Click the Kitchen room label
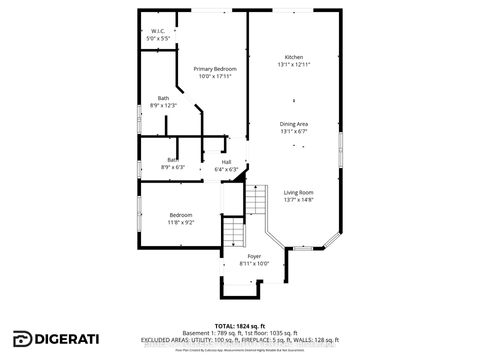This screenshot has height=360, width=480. coord(293,57)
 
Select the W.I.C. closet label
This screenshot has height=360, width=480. coord(158,31)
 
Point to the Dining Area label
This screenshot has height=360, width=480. coord(293,123)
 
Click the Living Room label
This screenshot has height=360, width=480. coord(298,192)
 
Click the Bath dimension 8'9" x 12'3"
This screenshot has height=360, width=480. coord(162,105)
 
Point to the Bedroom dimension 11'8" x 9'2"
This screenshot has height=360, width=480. coord(180,222)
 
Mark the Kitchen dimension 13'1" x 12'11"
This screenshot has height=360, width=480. coord(293,65)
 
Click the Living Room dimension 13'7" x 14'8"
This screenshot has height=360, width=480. coord(298,200)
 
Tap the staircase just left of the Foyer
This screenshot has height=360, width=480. coord(233,237)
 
